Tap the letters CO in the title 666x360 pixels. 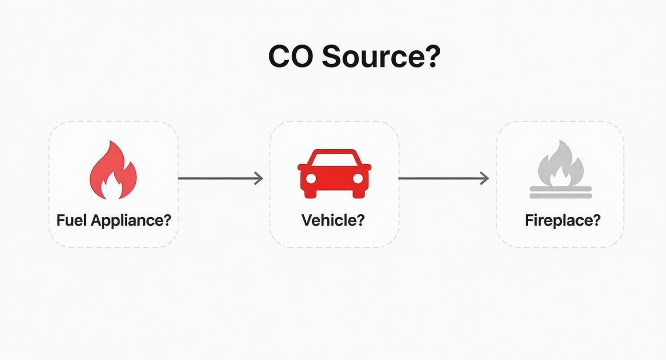click(291, 56)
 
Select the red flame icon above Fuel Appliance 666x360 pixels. click(113, 171)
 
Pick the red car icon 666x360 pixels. click(334, 173)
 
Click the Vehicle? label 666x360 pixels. click(333, 220)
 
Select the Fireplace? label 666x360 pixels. click(562, 220)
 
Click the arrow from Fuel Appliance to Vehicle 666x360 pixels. click(220, 179)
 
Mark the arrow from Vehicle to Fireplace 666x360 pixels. click(443, 179)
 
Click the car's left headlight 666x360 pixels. click(311, 179)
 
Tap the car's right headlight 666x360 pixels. click(357, 179)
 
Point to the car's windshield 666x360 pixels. click(334, 158)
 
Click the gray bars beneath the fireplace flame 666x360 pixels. click(561, 192)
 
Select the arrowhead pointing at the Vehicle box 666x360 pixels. click(259, 179)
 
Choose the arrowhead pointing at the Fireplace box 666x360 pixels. click(485, 179)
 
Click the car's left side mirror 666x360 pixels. click(301, 167)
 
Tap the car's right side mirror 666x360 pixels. click(367, 167)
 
